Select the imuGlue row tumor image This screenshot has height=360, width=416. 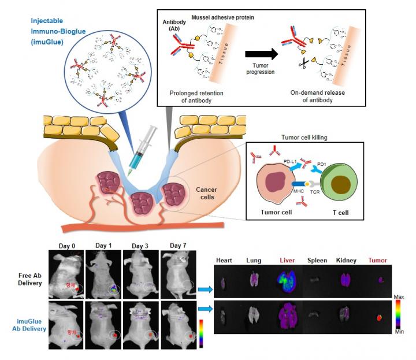pyautogui.click(x=380, y=317)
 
